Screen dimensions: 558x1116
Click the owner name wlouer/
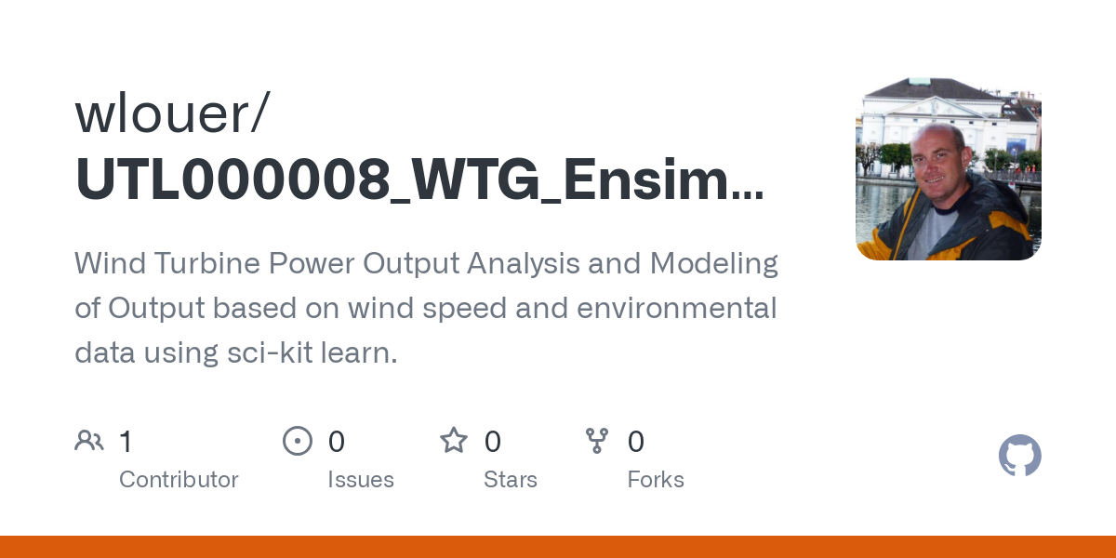click(x=172, y=113)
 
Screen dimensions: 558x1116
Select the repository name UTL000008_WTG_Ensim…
click(x=418, y=179)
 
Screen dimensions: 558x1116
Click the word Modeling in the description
click(x=713, y=264)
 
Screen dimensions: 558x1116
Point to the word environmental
click(x=676, y=308)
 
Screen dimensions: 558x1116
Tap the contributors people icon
click(x=89, y=441)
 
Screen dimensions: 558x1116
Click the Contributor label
click(x=179, y=480)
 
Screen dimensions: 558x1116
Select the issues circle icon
click(x=298, y=441)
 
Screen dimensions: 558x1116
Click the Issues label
click(x=361, y=480)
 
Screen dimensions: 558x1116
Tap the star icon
click(x=454, y=441)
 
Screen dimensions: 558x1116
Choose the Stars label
click(x=511, y=480)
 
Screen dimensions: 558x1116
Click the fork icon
click(x=597, y=441)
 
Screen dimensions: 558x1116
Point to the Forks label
click(x=656, y=480)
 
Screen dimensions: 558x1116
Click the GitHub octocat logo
click(x=1019, y=456)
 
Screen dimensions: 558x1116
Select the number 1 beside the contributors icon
click(x=126, y=442)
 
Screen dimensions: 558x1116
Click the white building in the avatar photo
click(x=939, y=112)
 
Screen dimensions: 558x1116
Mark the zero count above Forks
click(x=636, y=442)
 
